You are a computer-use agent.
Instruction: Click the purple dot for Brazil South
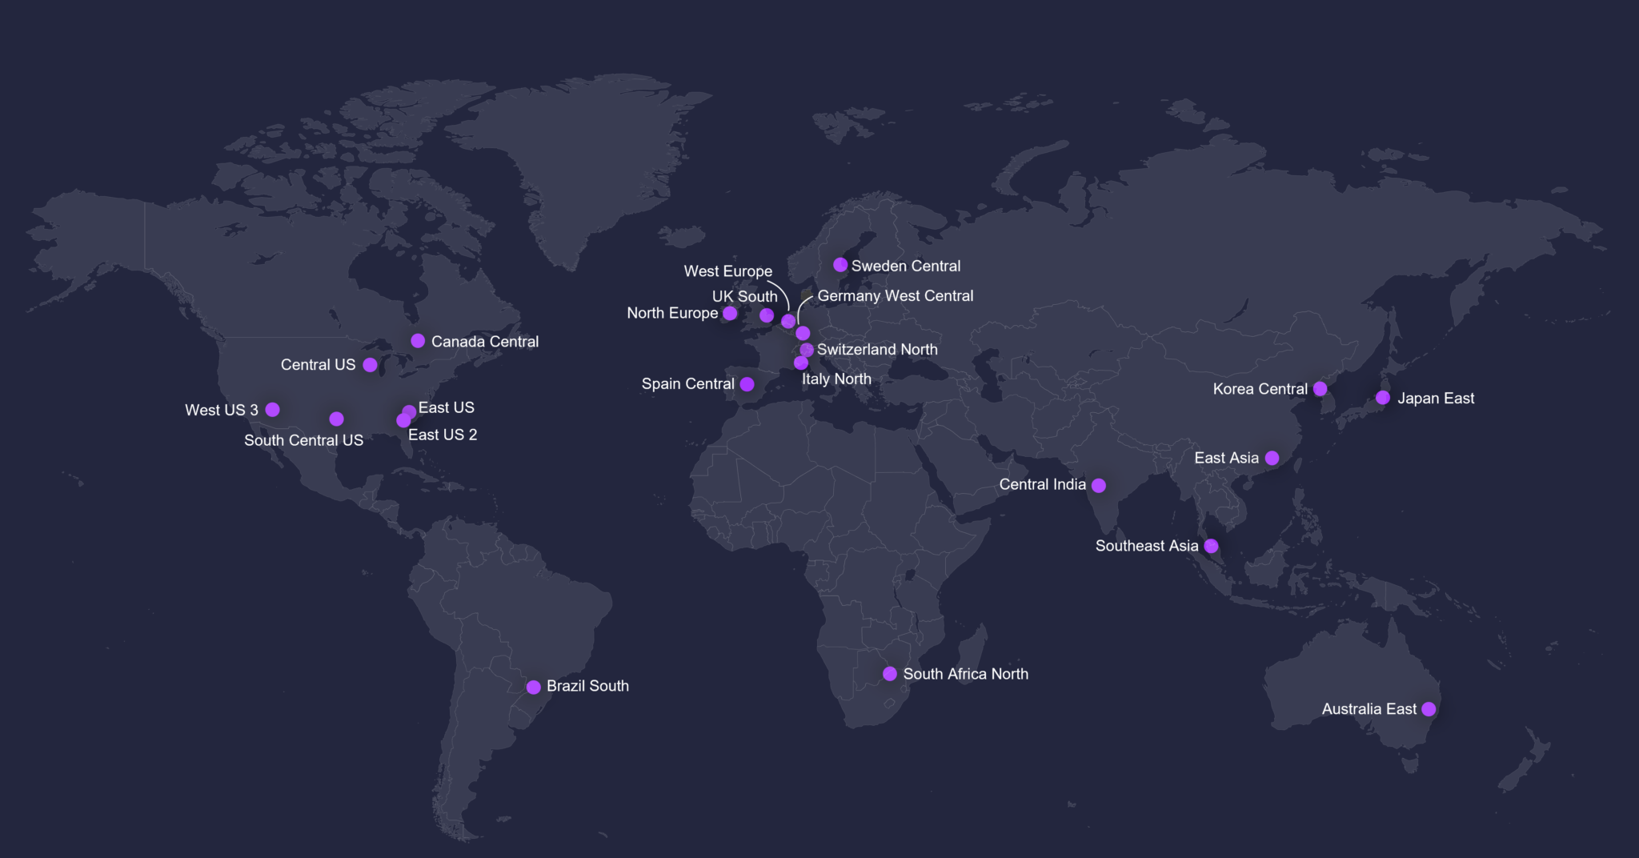click(533, 687)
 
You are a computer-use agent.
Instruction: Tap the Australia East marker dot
click(1429, 709)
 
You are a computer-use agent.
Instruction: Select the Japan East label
click(1435, 399)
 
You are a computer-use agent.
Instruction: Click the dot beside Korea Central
click(1320, 389)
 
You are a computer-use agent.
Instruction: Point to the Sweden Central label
click(905, 266)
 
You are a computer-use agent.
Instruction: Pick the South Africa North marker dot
click(889, 674)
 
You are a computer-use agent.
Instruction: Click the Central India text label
click(1042, 484)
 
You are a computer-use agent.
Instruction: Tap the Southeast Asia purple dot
click(1211, 546)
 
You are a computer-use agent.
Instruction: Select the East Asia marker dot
click(1272, 458)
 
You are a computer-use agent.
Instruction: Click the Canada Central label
click(484, 342)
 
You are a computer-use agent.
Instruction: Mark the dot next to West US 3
click(272, 410)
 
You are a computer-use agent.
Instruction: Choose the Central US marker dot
click(370, 365)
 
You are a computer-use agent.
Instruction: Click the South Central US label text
click(303, 440)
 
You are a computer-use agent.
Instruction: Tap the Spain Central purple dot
click(747, 384)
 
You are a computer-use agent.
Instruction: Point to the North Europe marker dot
click(730, 313)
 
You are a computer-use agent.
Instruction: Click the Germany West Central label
click(895, 296)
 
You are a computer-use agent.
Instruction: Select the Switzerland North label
click(876, 350)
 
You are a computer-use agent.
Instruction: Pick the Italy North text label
click(836, 379)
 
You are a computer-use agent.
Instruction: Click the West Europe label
click(727, 271)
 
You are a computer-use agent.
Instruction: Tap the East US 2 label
click(443, 435)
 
